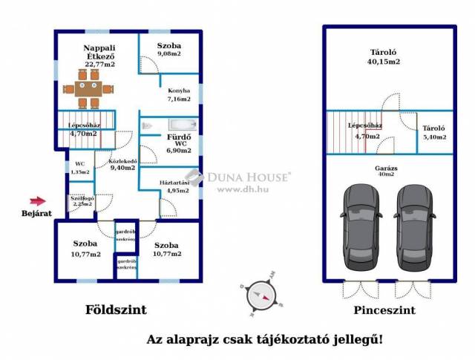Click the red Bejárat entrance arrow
click(36, 200)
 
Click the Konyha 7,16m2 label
click(178, 94)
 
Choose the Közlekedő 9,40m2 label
click(122, 165)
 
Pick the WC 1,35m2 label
click(79, 168)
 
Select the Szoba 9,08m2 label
click(169, 50)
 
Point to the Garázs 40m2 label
click(385, 171)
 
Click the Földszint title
click(115, 310)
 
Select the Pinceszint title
click(384, 310)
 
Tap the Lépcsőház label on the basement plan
click(364, 131)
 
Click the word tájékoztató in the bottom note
click(295, 339)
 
